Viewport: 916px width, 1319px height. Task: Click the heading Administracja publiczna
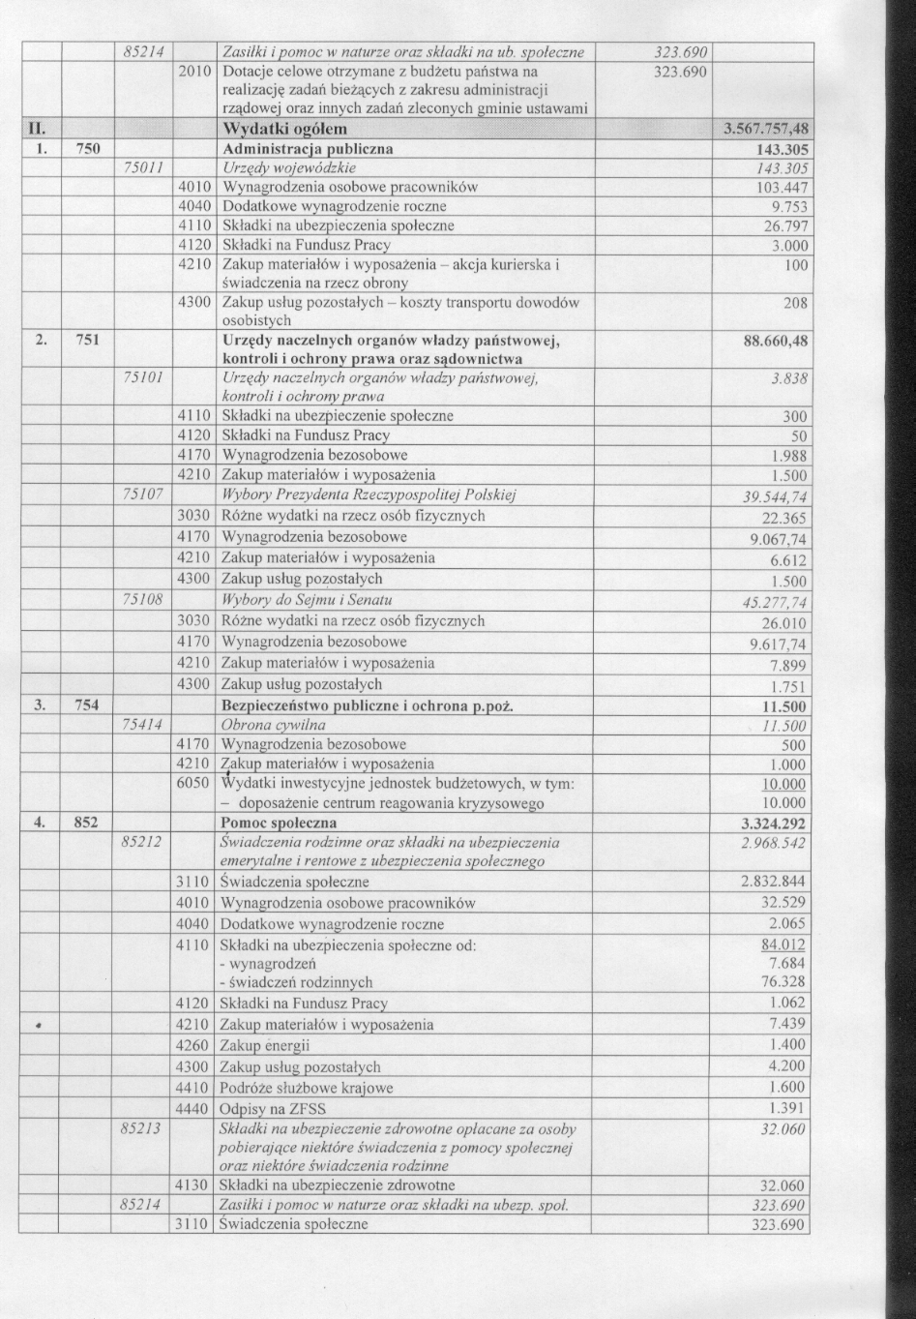(x=307, y=150)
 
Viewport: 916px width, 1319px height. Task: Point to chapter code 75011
(x=144, y=168)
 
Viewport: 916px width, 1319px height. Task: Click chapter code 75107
(x=143, y=495)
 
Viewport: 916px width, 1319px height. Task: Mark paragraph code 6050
(x=194, y=783)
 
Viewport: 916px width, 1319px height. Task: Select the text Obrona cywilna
(x=274, y=725)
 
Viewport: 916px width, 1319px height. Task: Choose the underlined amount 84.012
(x=783, y=944)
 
